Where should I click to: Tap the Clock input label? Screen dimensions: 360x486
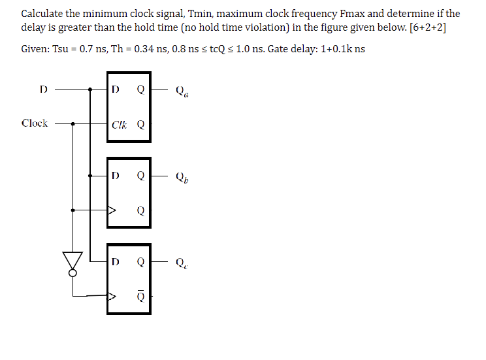pos(35,123)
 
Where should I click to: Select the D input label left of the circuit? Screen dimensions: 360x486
pos(43,89)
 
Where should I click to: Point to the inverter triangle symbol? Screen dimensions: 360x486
pos(73,260)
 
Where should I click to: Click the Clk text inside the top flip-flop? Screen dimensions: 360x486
pos(120,124)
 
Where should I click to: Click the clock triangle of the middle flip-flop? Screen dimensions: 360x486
pos(112,210)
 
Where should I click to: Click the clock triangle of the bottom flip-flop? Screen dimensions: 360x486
pos(112,296)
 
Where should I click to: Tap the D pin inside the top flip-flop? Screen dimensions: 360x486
pos(116,90)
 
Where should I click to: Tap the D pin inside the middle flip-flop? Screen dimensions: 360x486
pos(116,175)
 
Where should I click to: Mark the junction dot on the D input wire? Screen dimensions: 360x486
pos(90,90)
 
